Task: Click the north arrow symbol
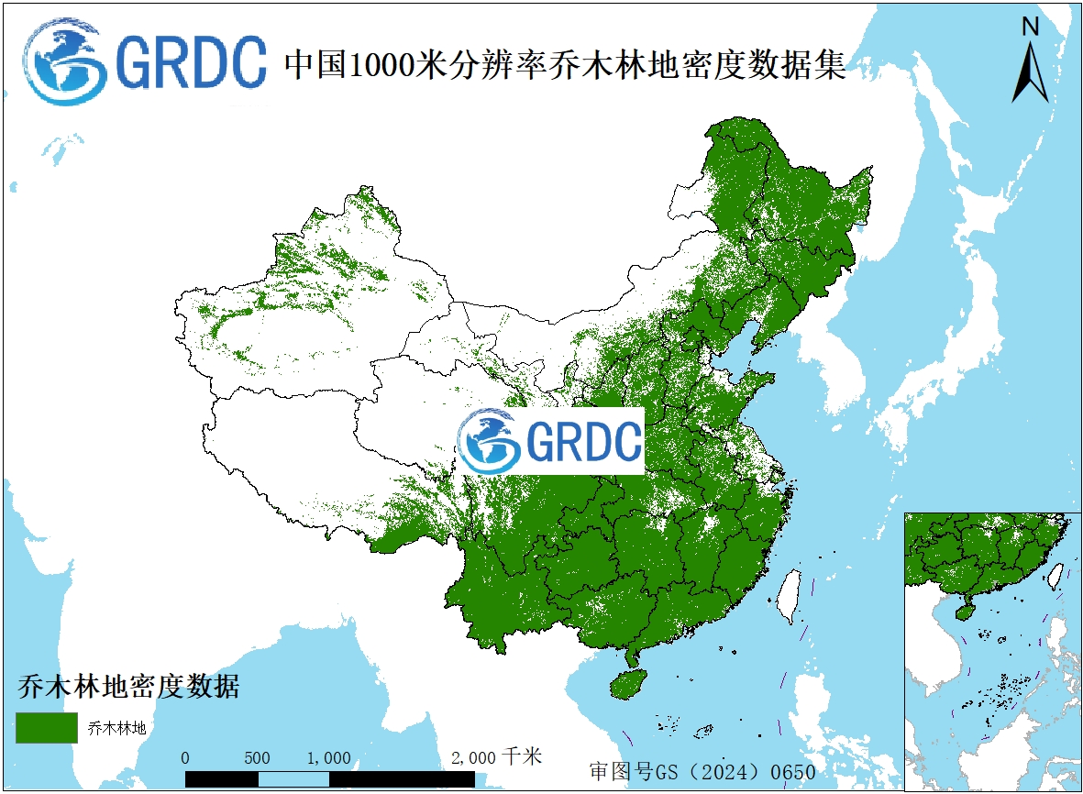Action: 1031,72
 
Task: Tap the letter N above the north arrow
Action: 1031,27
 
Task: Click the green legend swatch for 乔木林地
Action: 47,727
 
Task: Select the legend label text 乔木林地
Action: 116,729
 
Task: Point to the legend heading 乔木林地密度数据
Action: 127,686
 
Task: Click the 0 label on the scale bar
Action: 186,758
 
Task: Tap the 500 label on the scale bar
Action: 258,758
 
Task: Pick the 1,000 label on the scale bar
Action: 329,758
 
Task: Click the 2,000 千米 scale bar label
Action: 496,757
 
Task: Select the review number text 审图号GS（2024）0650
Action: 702,771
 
